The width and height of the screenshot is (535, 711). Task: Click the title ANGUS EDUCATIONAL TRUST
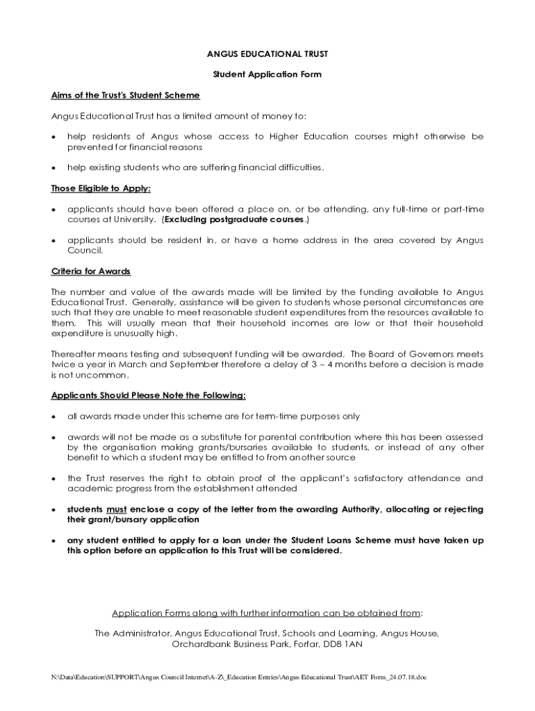click(x=267, y=53)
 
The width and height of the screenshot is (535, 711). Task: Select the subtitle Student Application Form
click(x=267, y=74)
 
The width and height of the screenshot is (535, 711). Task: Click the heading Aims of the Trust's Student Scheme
click(x=125, y=95)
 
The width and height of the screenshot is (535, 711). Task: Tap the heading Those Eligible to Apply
click(x=101, y=188)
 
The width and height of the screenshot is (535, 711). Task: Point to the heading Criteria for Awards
click(x=90, y=271)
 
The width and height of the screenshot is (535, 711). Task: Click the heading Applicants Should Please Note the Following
click(x=148, y=395)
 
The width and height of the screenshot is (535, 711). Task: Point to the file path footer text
click(x=238, y=676)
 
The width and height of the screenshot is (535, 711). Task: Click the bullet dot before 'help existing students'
click(x=53, y=168)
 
